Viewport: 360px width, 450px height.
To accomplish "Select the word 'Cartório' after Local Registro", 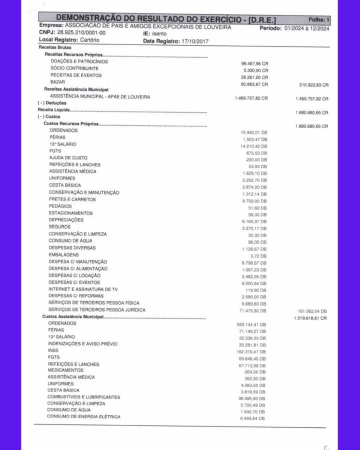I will point(89,39).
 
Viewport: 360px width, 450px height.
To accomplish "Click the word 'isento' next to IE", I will point(159,33).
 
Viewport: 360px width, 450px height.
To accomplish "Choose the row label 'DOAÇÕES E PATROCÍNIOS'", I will point(79,61).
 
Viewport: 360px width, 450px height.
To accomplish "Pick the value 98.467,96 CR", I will point(254,64).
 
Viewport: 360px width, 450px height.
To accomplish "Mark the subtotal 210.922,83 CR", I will point(311,85).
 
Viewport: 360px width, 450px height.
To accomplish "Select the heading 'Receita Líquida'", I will point(53,109).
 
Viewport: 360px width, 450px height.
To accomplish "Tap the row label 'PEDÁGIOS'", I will point(60,206).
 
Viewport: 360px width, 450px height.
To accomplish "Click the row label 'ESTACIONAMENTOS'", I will point(70,213).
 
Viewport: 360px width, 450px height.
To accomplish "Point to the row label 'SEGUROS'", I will point(59,226).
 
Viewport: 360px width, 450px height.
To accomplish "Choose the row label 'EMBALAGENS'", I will point(63,254).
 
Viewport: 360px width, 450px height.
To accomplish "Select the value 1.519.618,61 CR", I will point(310,318).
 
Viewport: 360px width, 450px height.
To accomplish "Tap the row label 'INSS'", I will point(53,350).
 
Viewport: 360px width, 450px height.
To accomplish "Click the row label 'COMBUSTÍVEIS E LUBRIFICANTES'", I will point(83,397).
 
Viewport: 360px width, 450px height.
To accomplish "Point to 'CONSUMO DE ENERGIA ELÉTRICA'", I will point(83,416).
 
